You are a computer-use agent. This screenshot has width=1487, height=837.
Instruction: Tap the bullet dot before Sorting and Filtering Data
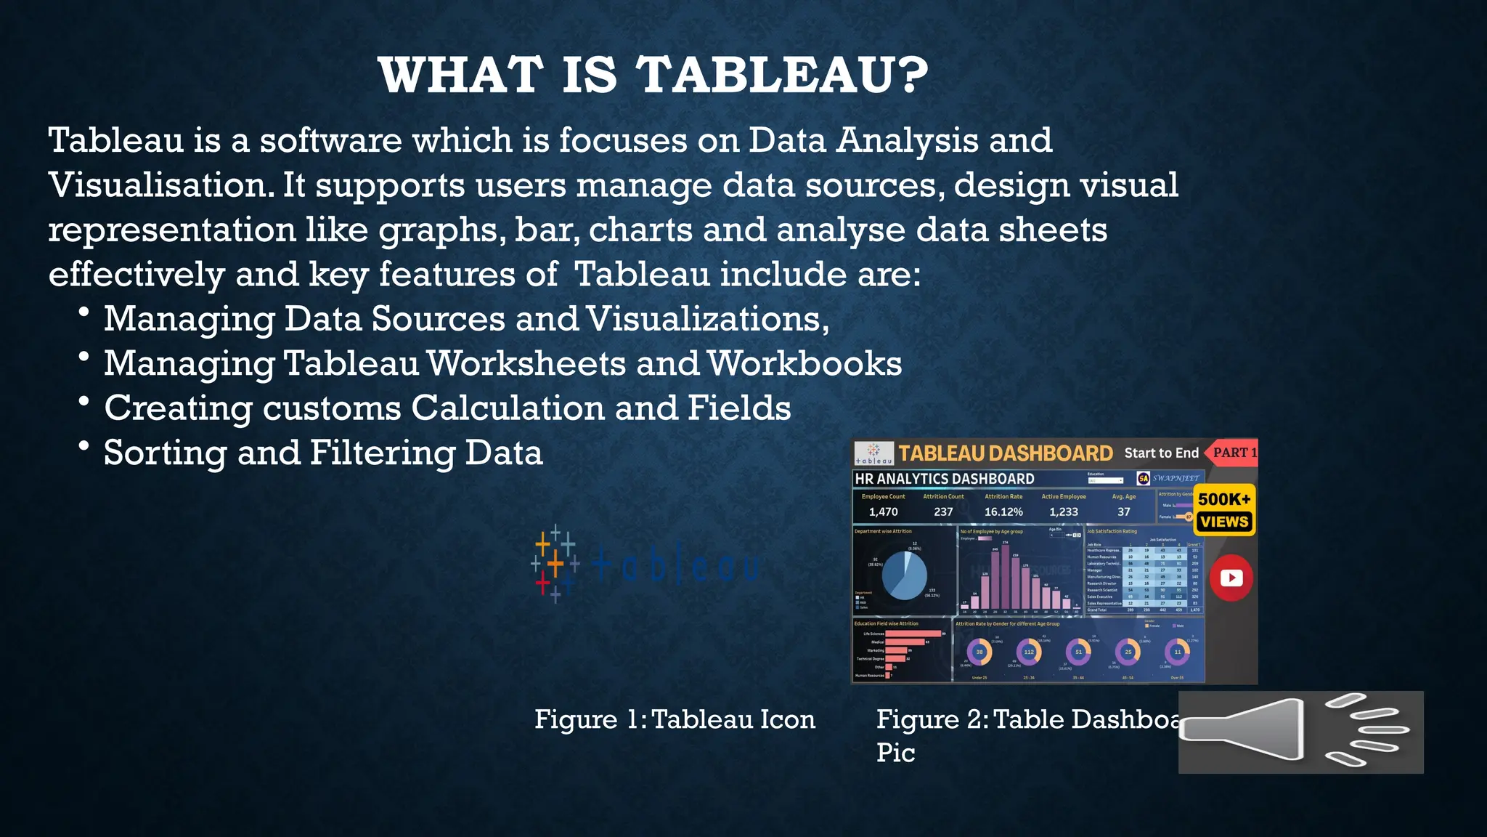pyautogui.click(x=84, y=445)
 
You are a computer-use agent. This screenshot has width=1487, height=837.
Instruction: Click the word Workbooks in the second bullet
pyautogui.click(x=804, y=363)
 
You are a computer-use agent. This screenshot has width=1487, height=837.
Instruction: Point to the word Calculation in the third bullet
pyautogui.click(x=508, y=408)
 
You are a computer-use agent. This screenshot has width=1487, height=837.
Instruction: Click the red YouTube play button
pyautogui.click(x=1231, y=578)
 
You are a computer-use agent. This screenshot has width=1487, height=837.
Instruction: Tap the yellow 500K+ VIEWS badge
pyautogui.click(x=1224, y=509)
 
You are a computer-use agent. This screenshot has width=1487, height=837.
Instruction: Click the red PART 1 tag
pyautogui.click(x=1234, y=453)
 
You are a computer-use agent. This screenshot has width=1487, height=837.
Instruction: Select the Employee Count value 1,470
pyautogui.click(x=883, y=511)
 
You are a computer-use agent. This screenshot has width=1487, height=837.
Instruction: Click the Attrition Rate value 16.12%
pyautogui.click(x=1003, y=511)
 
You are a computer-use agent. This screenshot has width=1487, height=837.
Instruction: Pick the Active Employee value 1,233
pyautogui.click(x=1064, y=511)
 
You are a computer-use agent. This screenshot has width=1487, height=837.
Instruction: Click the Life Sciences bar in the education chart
pyautogui.click(x=913, y=634)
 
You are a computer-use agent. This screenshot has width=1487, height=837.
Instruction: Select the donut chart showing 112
pyautogui.click(x=1029, y=652)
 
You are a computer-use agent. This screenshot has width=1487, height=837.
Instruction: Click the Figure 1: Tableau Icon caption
pyautogui.click(x=675, y=719)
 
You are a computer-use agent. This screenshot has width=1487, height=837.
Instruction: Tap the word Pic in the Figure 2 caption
pyautogui.click(x=895, y=753)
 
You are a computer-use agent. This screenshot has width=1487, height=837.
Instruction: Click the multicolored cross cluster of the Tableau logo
pyautogui.click(x=555, y=564)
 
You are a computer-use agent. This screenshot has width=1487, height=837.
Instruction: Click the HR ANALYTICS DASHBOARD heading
pyautogui.click(x=945, y=479)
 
